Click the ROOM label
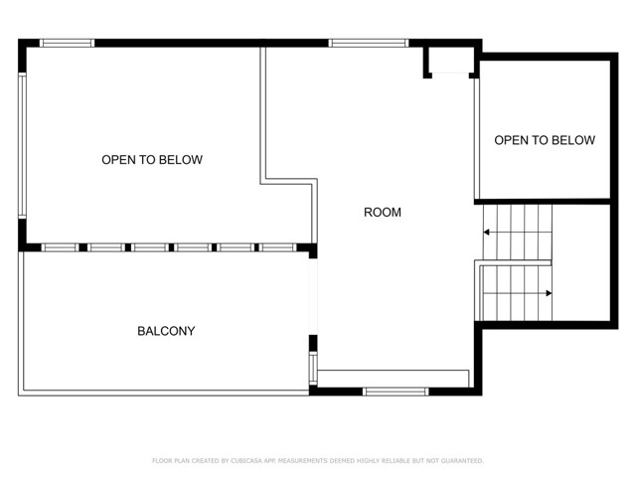pyautogui.click(x=383, y=212)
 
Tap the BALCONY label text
pyautogui.click(x=166, y=331)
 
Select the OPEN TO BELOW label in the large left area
pyautogui.click(x=152, y=160)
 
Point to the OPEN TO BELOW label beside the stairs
pyautogui.click(x=545, y=140)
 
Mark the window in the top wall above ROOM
pyautogui.click(x=368, y=43)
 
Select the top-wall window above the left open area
pyautogui.click(x=67, y=43)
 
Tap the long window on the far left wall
pyautogui.click(x=22, y=145)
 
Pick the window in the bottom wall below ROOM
pyautogui.click(x=396, y=392)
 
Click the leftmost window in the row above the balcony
pyautogui.click(x=60, y=246)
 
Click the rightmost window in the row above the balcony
pyautogui.click(x=279, y=246)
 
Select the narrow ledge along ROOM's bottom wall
pyautogui.click(x=393, y=378)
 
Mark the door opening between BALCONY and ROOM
pyautogui.click(x=313, y=296)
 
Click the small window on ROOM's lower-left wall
pyautogui.click(x=313, y=368)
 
